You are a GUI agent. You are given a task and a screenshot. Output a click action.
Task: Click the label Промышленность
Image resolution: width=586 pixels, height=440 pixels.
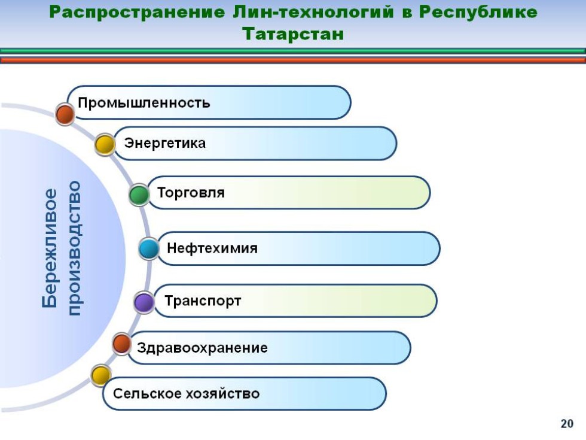144,102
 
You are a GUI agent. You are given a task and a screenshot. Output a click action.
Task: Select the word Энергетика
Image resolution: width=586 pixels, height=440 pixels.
165,143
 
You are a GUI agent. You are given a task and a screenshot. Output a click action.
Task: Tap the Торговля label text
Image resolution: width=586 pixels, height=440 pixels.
191,193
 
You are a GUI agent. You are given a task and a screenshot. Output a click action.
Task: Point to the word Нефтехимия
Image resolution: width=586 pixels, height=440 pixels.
212,248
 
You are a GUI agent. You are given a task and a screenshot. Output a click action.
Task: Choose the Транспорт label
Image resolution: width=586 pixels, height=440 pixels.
203,301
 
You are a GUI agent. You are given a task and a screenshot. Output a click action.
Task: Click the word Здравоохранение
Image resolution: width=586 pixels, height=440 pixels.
202,348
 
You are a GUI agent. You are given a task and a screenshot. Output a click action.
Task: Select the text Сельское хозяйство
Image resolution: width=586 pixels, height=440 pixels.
186,393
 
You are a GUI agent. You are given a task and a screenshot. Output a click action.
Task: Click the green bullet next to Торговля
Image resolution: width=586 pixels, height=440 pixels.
139,195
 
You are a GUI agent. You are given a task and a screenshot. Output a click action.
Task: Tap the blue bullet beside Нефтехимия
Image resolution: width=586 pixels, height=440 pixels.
149,248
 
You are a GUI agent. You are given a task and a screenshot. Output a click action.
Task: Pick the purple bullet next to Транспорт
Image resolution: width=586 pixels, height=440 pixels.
144,302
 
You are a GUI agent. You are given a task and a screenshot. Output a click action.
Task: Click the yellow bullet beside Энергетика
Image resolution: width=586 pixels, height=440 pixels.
105,145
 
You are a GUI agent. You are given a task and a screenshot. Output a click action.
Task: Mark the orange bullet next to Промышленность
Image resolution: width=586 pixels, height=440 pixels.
65,113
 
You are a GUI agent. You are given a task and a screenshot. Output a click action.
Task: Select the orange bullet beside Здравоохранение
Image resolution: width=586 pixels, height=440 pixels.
122,344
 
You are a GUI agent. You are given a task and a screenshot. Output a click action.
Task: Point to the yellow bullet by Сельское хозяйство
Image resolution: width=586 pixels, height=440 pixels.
100,375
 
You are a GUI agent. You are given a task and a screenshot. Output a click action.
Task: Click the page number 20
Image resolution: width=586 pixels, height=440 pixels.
567,424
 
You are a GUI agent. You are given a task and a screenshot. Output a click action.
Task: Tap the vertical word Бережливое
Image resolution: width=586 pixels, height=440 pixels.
50,248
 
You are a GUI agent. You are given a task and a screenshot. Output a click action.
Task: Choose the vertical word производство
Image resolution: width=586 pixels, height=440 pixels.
75,248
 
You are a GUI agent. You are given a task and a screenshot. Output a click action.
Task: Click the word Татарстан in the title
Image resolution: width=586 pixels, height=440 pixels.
293,34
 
